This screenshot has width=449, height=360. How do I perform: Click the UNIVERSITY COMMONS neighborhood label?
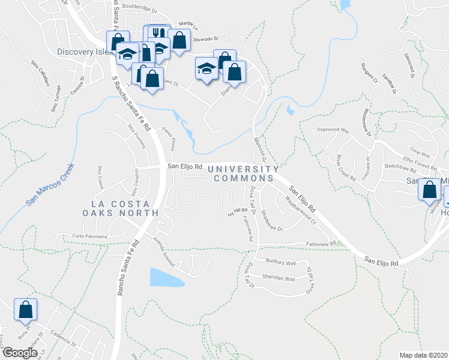point(244,174)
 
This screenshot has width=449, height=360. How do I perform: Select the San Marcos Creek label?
point(50,185)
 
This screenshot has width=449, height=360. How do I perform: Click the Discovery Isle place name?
point(83,52)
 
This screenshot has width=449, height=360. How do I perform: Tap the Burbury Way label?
point(282,263)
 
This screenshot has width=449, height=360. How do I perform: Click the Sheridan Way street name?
point(279,278)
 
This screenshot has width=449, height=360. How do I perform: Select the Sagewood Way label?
point(333,130)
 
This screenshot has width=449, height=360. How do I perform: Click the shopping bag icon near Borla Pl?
point(26,311)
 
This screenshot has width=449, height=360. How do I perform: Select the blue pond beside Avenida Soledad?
point(165,277)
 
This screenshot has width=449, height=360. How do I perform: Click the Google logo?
point(20,353)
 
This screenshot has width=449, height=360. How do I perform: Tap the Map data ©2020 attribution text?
point(424,355)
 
